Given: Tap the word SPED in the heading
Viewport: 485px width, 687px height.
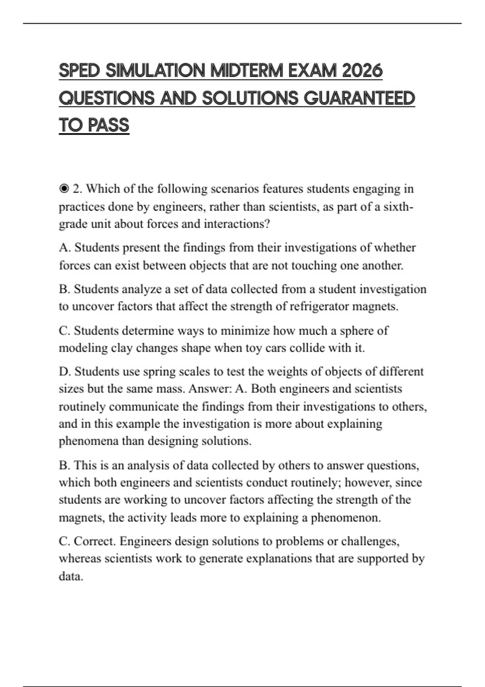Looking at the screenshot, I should click(x=79, y=71).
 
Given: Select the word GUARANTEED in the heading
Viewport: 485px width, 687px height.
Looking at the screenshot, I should click(x=359, y=99).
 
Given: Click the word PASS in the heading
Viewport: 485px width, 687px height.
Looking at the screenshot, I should click(x=108, y=125).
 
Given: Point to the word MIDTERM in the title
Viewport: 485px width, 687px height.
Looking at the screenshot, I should click(x=247, y=71).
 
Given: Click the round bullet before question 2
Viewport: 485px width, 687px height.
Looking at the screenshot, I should click(x=63, y=189).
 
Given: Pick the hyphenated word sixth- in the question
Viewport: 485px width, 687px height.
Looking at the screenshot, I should click(x=398, y=207).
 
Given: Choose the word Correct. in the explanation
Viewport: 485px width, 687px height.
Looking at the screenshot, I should click(x=95, y=541).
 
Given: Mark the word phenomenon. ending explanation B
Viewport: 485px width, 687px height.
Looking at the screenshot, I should click(x=346, y=518).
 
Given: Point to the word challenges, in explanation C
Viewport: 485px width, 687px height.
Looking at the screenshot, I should click(x=370, y=541).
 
